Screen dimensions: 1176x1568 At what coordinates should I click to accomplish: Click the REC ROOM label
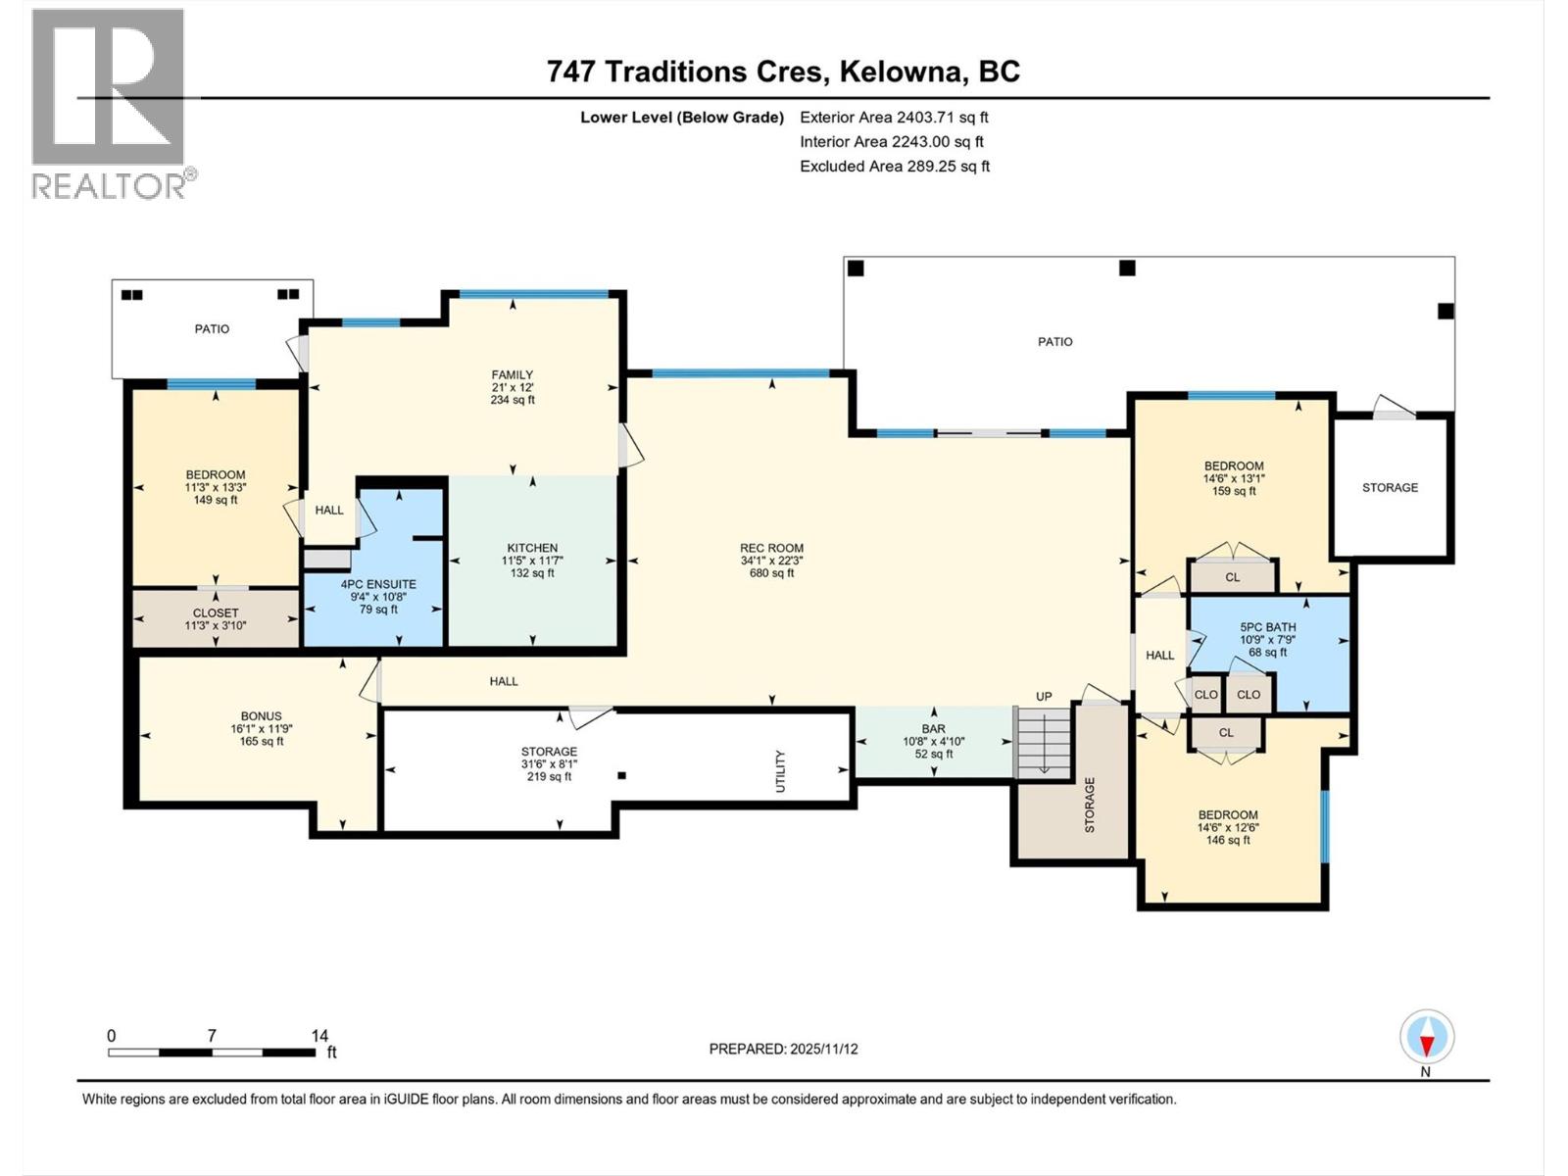[x=771, y=549]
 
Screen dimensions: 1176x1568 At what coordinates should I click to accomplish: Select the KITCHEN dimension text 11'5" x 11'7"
[x=532, y=562]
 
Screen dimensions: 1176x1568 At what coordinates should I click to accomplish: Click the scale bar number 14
[x=319, y=1035]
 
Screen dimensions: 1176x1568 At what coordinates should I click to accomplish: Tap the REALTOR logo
[x=109, y=103]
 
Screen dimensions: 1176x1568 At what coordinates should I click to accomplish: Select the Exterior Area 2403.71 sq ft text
[x=894, y=117]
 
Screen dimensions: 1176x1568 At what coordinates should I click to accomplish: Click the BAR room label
[x=933, y=729]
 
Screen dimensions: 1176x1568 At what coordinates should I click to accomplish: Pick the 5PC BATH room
[x=1267, y=640]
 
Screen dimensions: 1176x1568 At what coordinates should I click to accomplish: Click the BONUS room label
[x=261, y=716]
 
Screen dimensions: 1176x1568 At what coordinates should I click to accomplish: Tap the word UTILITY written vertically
[x=781, y=771]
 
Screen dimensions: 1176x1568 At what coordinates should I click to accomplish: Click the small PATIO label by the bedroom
[x=212, y=329]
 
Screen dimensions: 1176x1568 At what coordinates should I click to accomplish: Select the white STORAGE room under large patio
[x=1390, y=487]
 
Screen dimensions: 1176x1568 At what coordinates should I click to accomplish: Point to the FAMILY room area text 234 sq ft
[x=513, y=400]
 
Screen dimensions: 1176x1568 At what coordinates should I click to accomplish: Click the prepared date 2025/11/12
[x=783, y=1049]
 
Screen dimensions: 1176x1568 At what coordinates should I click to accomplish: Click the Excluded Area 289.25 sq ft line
[x=894, y=166]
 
